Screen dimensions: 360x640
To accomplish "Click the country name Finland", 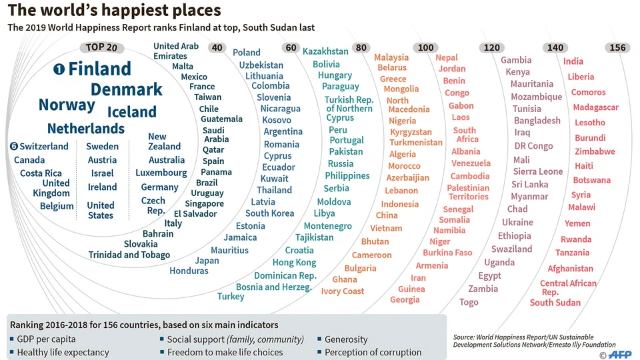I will pyautogui.click(x=99, y=69).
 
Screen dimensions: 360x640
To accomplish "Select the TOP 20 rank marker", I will pyautogui.click(x=101, y=47).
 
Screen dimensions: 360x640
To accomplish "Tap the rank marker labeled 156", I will pyautogui.click(x=617, y=47).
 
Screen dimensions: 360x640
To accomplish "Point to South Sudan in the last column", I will pyautogui.click(x=555, y=303).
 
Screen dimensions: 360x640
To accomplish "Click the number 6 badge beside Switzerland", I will pyautogui.click(x=13, y=146).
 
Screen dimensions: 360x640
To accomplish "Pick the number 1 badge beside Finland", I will pyautogui.click(x=59, y=69).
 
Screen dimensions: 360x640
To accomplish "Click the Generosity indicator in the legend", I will pyautogui.click(x=345, y=339).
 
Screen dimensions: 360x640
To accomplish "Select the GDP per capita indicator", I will pyautogui.click(x=45, y=339).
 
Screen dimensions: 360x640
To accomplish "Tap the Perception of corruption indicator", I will pyautogui.click(x=373, y=352).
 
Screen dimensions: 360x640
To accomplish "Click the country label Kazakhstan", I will pyautogui.click(x=325, y=51).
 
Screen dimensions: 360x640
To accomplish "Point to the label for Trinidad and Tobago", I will pyautogui.click(x=129, y=255).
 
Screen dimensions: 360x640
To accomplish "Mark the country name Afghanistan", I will pyautogui.click(x=570, y=269).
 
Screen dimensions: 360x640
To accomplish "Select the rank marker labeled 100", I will pyautogui.click(x=425, y=47).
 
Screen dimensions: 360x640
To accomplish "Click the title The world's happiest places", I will pyautogui.click(x=114, y=11).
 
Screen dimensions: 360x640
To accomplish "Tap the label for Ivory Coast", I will pyautogui.click(x=343, y=291).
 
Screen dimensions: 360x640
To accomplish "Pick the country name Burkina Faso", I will pyautogui.click(x=447, y=253).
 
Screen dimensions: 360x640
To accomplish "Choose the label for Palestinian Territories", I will pyautogui.click(x=468, y=192).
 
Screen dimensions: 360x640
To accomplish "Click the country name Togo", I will pyautogui.click(x=469, y=302).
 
